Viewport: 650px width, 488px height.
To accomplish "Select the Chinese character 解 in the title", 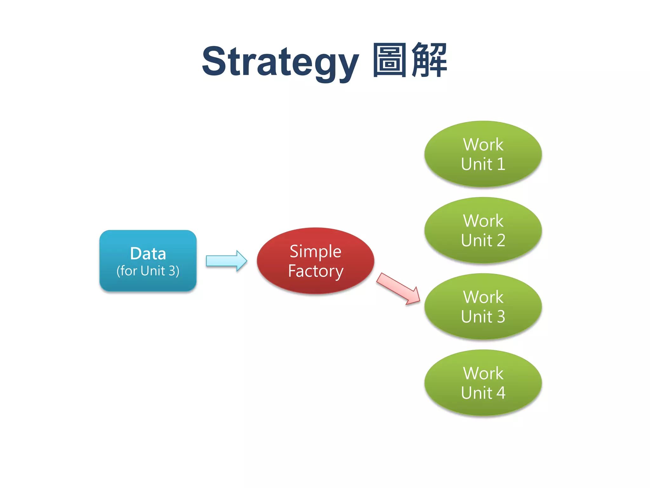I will click(x=429, y=60).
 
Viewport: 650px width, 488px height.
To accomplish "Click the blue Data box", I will click(x=148, y=261).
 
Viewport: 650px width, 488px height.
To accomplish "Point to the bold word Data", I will click(x=148, y=254).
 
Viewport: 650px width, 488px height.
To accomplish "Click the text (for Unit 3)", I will click(x=148, y=271).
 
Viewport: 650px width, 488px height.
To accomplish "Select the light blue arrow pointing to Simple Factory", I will click(x=226, y=261).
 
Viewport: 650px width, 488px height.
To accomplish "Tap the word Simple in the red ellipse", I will click(x=315, y=252).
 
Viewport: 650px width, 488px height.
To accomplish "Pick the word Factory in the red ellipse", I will click(x=315, y=271).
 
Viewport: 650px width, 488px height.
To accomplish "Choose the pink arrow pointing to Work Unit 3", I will click(x=398, y=289).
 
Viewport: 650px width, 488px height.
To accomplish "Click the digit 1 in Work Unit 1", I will click(x=501, y=164).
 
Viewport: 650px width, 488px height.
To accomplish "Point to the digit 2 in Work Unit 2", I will click(x=501, y=240).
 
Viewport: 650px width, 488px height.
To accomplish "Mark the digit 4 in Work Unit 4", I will click(x=501, y=393).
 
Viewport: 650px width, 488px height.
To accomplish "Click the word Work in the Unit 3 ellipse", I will click(x=483, y=297).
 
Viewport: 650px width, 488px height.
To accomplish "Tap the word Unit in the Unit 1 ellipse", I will click(x=476, y=164).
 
